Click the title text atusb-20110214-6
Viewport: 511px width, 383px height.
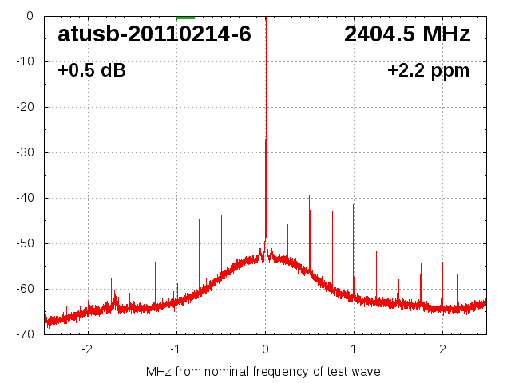pos(154,34)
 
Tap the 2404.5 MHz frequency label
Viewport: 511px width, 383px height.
pos(407,34)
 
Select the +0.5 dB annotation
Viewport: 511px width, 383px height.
pos(92,70)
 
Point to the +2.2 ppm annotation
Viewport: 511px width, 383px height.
pos(428,70)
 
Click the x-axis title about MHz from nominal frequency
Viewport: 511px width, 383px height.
pos(263,371)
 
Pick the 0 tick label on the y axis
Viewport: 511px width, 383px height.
pos(29,16)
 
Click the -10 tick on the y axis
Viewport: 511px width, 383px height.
pos(24,61)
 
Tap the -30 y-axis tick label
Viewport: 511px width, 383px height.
pos(24,152)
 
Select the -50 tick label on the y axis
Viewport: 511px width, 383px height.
pos(24,243)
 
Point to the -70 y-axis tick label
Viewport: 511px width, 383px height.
pos(24,334)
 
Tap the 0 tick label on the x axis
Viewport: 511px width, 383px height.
pos(265,349)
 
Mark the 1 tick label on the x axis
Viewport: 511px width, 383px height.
pos(354,349)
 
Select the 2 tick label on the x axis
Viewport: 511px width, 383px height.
pos(442,349)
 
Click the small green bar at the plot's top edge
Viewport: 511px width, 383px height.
pos(185,17)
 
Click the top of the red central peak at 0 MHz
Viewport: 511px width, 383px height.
pos(266,139)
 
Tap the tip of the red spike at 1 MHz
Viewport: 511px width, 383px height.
pos(354,203)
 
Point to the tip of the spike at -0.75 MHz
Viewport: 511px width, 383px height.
pos(199,221)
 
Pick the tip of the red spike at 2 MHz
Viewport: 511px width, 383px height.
pos(442,263)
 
